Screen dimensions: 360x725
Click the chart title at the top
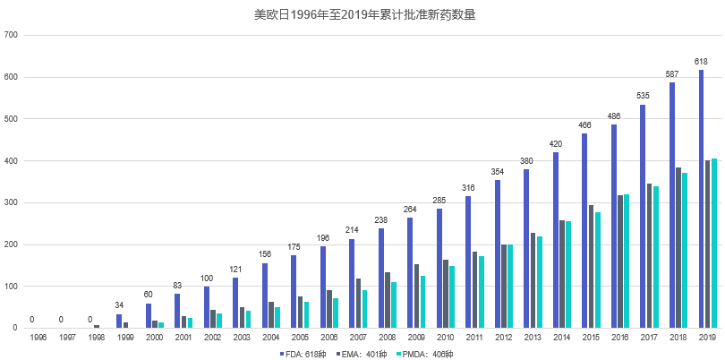tap(362, 15)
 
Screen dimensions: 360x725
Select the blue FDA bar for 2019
tap(702, 199)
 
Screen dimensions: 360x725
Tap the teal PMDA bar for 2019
tap(714, 244)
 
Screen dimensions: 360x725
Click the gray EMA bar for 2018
tap(679, 248)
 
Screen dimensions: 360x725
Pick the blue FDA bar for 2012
tap(498, 254)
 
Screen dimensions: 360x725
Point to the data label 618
tap(702, 62)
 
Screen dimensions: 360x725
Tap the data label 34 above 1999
tap(119, 306)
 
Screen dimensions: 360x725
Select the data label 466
tap(584, 125)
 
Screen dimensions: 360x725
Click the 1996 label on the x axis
tap(38, 338)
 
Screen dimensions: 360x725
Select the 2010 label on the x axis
tap(446, 338)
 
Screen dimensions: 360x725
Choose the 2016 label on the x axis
tap(620, 338)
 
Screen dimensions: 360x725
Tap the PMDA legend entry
tap(428, 353)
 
